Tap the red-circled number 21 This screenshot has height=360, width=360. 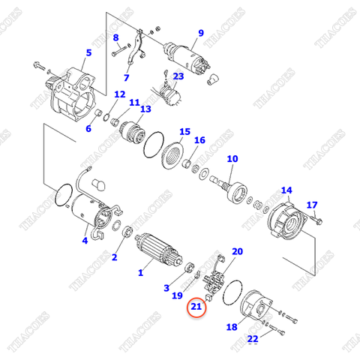pos(196,306)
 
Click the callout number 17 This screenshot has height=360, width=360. pos(313,205)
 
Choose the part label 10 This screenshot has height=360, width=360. pos(232,159)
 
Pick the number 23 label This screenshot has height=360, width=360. pos(178,76)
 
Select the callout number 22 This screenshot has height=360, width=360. pos(253,339)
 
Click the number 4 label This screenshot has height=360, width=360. pos(85,241)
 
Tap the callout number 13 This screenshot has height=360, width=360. pos(145,109)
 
